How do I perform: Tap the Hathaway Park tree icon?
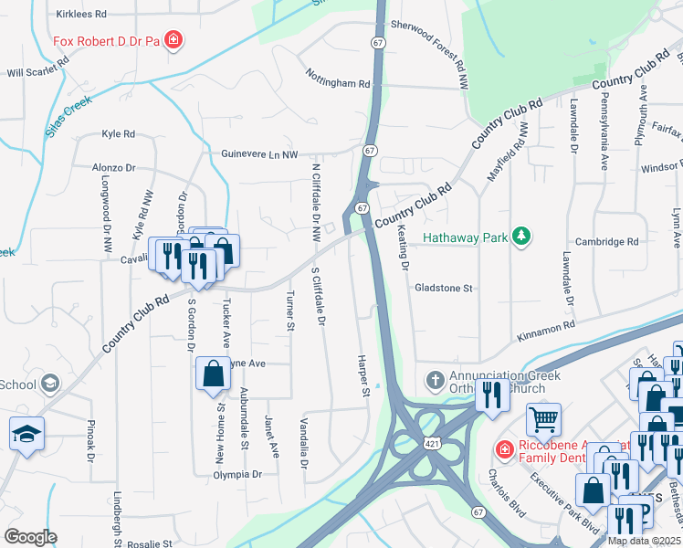[520, 237]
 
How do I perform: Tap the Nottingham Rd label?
[338, 78]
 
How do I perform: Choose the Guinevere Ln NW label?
[259, 154]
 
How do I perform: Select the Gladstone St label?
[443, 288]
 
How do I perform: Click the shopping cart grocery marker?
[543, 419]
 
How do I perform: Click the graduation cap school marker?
[26, 434]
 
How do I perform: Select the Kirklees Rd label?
[81, 15]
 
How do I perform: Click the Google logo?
[30, 537]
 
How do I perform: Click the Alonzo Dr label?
[113, 168]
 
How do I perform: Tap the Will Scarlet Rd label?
[37, 72]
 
